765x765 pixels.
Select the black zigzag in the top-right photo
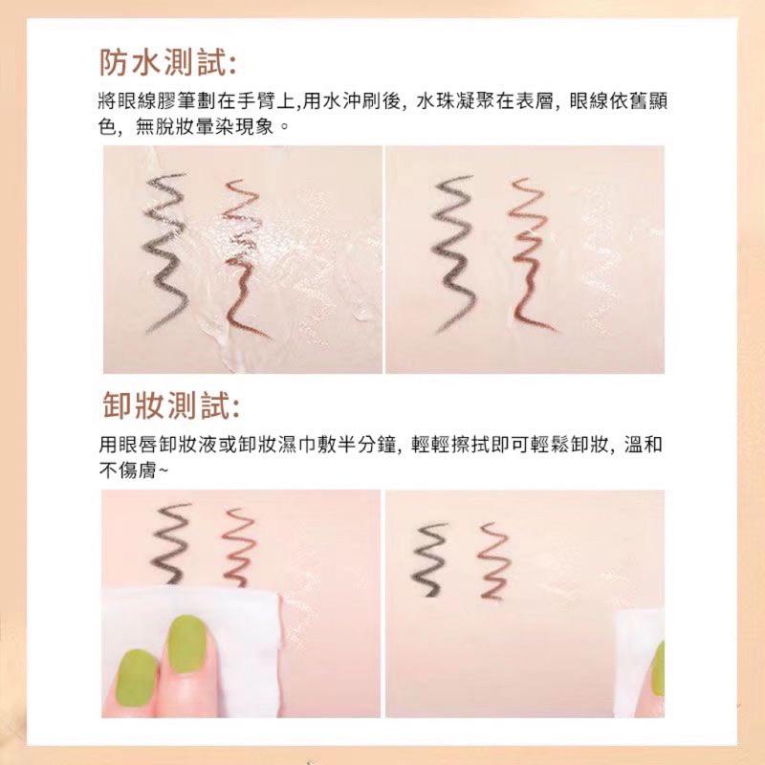click(x=458, y=253)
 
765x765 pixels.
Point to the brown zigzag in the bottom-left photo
click(x=236, y=545)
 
